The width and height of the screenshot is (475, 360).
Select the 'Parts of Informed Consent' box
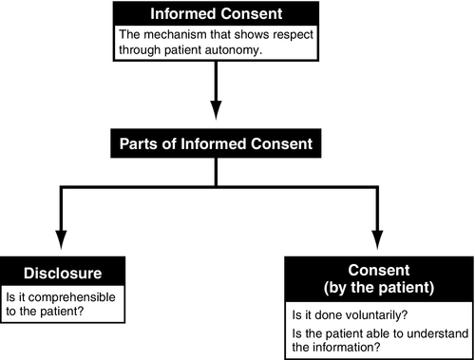tap(217, 144)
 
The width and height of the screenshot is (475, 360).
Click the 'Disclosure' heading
tap(62, 272)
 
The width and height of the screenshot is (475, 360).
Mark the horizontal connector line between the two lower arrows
tap(218, 187)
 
